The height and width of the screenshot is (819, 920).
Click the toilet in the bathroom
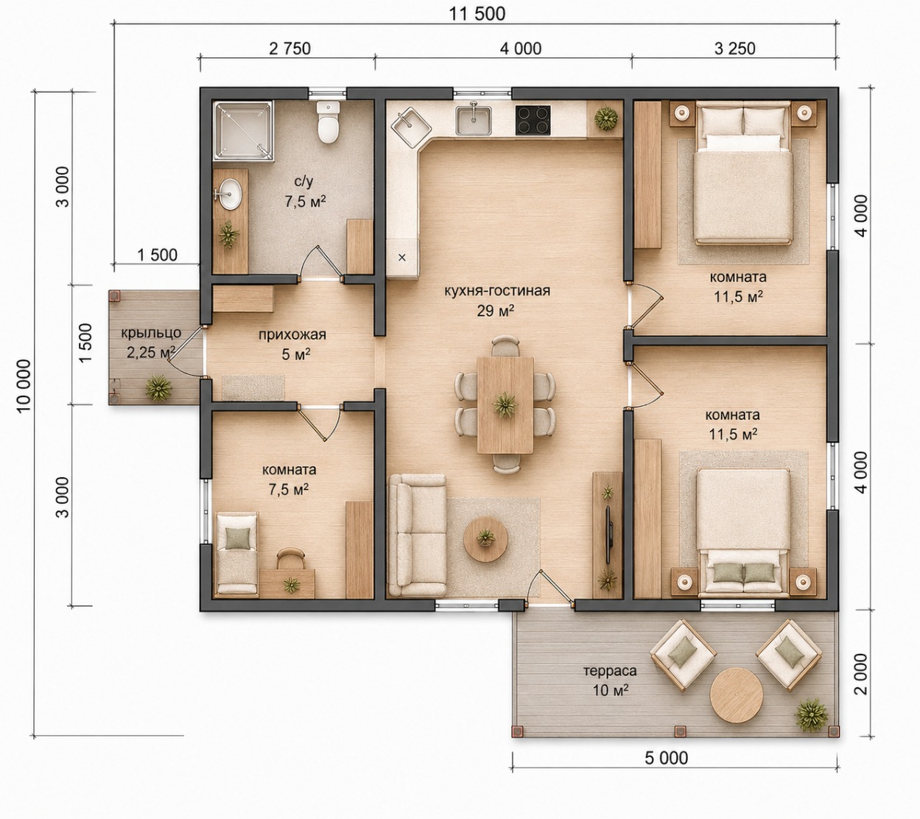[x=328, y=122]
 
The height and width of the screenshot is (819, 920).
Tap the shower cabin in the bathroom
[x=244, y=131]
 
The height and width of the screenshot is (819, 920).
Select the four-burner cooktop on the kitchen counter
[x=533, y=120]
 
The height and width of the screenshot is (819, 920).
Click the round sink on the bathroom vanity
[x=231, y=194]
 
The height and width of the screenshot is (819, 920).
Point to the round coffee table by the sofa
[x=485, y=539]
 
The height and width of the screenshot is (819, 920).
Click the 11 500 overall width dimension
[x=477, y=14]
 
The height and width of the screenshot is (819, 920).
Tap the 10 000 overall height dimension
[x=24, y=385]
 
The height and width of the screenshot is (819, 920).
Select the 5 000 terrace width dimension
[x=666, y=758]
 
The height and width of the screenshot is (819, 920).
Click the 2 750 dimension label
[x=289, y=49]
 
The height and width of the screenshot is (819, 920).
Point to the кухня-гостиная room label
[x=497, y=291]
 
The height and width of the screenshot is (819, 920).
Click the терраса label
[x=610, y=670]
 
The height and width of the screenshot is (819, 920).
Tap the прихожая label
[x=292, y=335]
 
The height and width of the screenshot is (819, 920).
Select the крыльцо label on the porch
[x=151, y=333]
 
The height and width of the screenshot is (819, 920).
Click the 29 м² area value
[x=496, y=311]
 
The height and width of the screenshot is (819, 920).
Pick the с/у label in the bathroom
[x=303, y=182]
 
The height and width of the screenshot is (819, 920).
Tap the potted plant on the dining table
[x=505, y=405]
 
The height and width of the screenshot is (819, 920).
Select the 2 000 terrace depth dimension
[x=860, y=674]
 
